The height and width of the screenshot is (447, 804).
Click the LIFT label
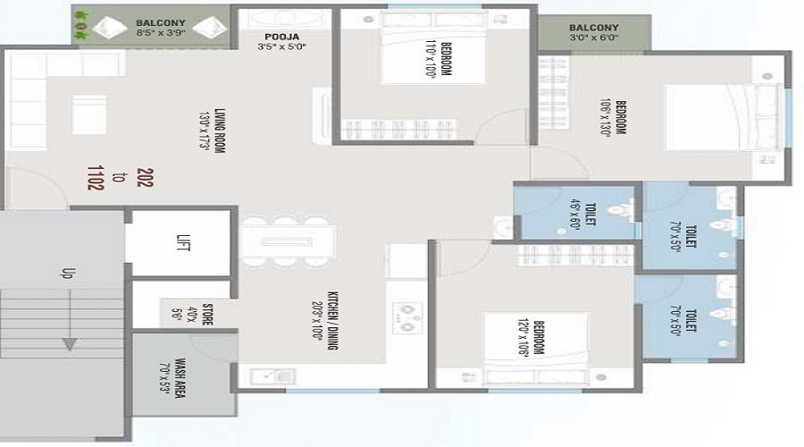184,242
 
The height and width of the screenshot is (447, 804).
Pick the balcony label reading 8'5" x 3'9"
161,27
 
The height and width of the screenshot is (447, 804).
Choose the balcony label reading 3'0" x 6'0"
594,33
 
